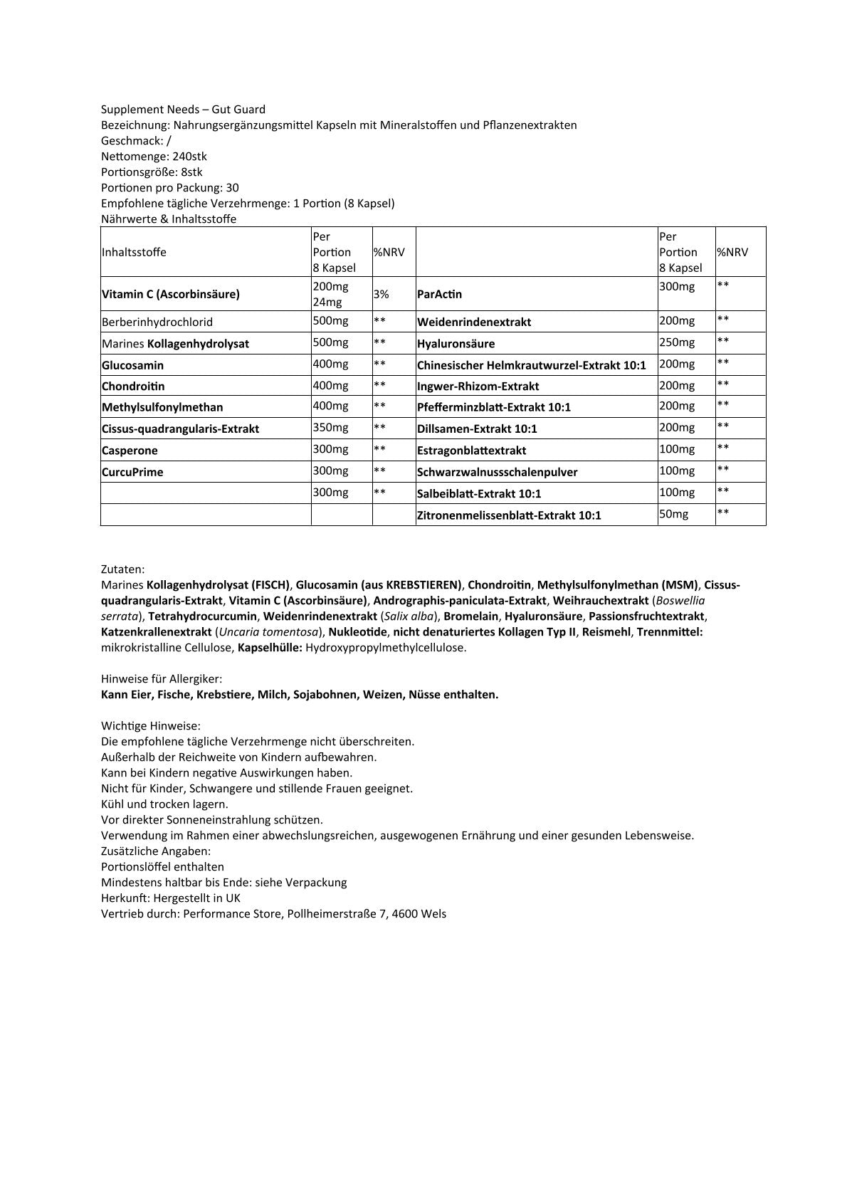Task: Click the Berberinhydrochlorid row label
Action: coord(157,322)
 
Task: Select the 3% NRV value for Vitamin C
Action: coord(382,294)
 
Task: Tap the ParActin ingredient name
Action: coord(439,294)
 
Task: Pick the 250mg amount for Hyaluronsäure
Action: coord(677,342)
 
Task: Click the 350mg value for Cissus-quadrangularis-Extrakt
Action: coord(330,427)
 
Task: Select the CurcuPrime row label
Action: coord(132,472)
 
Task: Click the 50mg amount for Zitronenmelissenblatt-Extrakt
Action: coord(674,513)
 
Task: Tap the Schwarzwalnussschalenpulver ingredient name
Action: coord(497,472)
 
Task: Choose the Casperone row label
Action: coord(130,451)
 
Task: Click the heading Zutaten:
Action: coord(123,569)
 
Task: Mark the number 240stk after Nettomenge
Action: coord(184,157)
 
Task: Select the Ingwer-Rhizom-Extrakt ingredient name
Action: coord(478,387)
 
